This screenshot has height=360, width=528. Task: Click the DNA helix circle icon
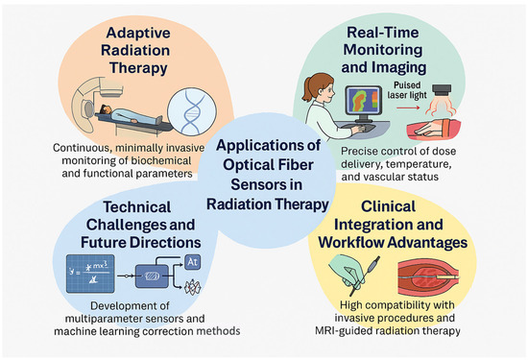point(192,111)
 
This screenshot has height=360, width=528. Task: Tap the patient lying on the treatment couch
point(132,114)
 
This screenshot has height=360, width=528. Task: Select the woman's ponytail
point(307,89)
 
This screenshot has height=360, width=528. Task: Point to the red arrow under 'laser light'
point(408,108)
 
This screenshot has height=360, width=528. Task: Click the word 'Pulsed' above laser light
point(407,85)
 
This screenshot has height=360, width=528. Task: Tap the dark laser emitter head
point(442,90)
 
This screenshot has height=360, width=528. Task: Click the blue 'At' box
point(193,262)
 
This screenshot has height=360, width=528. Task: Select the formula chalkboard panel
point(90,274)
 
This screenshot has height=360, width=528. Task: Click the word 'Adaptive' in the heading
point(138,33)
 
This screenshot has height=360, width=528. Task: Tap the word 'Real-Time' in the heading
point(383,33)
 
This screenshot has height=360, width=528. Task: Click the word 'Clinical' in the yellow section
point(388,206)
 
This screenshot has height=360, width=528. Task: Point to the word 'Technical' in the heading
point(136,207)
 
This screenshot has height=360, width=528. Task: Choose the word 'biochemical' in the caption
point(161,160)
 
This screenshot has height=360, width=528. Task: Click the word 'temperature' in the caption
point(419,164)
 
